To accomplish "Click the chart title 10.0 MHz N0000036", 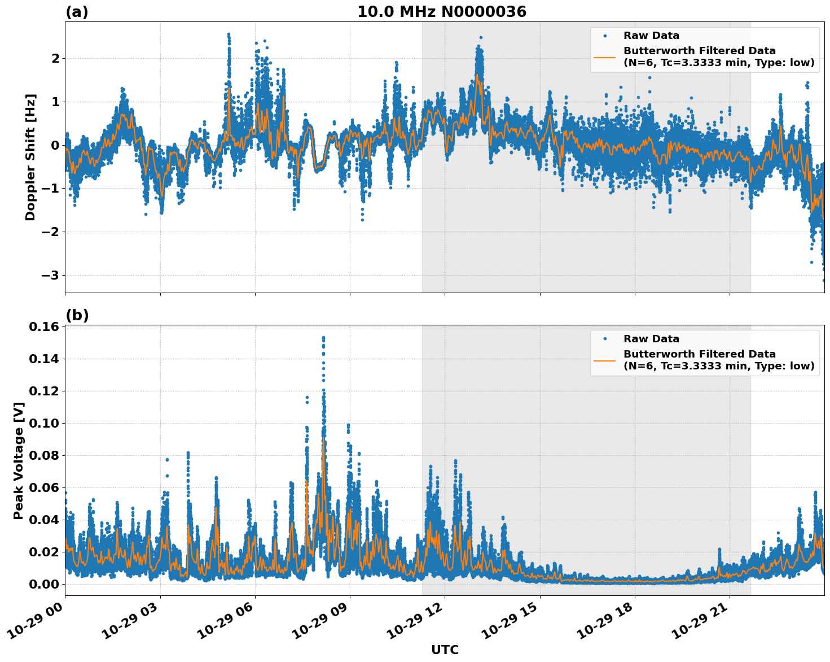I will point(441,12).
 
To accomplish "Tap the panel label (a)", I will point(77,12).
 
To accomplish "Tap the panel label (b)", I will point(77,315).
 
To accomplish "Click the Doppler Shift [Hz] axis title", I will point(30,157).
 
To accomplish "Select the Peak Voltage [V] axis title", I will point(19,460).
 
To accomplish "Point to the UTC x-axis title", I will point(445,650).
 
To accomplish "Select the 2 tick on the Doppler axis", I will point(55,58).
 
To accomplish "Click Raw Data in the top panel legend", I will point(651,36).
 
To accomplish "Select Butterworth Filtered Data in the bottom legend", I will point(699,354).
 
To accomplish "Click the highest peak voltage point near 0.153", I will point(323,338).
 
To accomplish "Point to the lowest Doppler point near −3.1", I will point(824,280).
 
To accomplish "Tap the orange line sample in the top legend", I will point(605,56).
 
